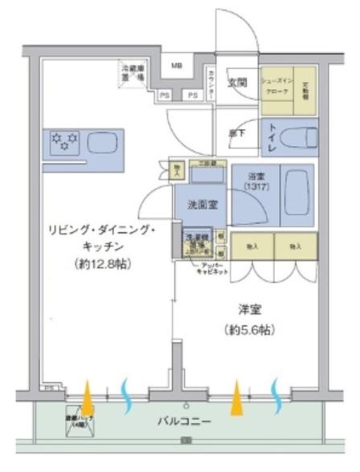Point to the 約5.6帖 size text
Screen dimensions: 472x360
tap(250, 329)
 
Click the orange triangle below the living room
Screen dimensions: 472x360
tap(87, 394)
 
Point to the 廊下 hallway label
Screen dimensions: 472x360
tap(237, 133)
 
